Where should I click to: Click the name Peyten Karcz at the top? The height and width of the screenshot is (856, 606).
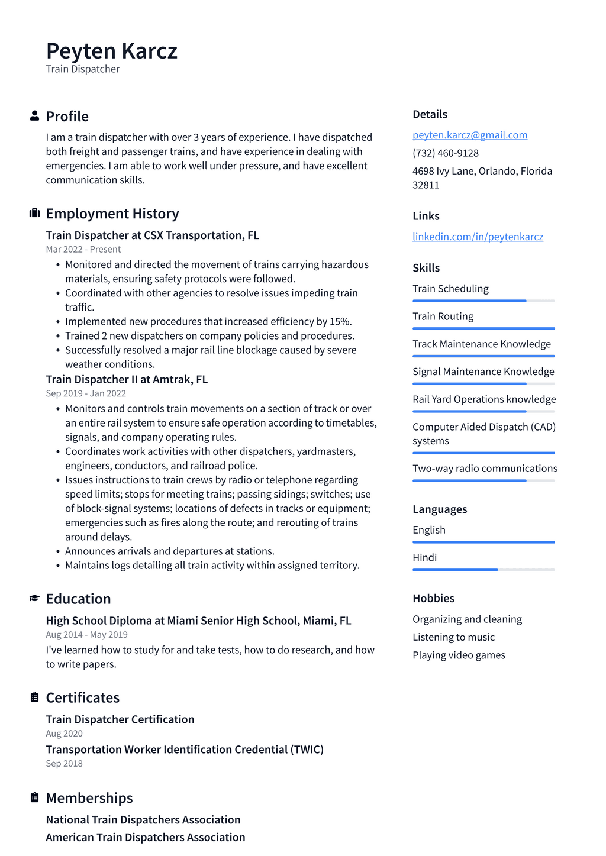pos(111,51)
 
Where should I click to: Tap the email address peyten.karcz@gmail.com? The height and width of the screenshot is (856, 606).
pos(469,135)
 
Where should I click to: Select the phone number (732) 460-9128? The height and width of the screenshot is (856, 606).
pos(445,153)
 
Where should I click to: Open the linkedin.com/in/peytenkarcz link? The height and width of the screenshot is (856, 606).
pos(478,237)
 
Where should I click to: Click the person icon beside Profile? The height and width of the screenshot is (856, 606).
pos(34,116)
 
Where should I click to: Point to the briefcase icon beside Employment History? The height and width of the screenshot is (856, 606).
pos(34,213)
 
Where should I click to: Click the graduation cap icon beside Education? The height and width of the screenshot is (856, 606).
pos(34,599)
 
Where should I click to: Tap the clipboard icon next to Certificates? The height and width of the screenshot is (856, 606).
pos(34,697)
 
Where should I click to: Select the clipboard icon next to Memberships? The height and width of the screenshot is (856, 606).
pos(34,797)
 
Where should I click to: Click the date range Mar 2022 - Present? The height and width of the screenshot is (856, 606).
pos(83,250)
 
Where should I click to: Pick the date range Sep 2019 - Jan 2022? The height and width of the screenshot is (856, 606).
pos(85,393)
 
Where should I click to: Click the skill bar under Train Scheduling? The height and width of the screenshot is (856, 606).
pos(483,301)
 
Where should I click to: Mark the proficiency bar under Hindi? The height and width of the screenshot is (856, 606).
pos(483,570)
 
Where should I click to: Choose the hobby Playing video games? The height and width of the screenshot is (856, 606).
pos(459,655)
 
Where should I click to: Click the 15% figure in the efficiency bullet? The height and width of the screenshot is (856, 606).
pos(340,322)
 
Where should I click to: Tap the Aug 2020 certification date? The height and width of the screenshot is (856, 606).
pos(64,734)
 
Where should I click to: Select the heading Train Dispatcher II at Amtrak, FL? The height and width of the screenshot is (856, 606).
pos(127,379)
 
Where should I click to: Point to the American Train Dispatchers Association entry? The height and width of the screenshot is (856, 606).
pos(145,837)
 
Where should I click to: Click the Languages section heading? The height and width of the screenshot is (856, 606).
pos(439,509)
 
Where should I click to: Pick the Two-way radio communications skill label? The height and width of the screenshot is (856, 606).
pos(485,469)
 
